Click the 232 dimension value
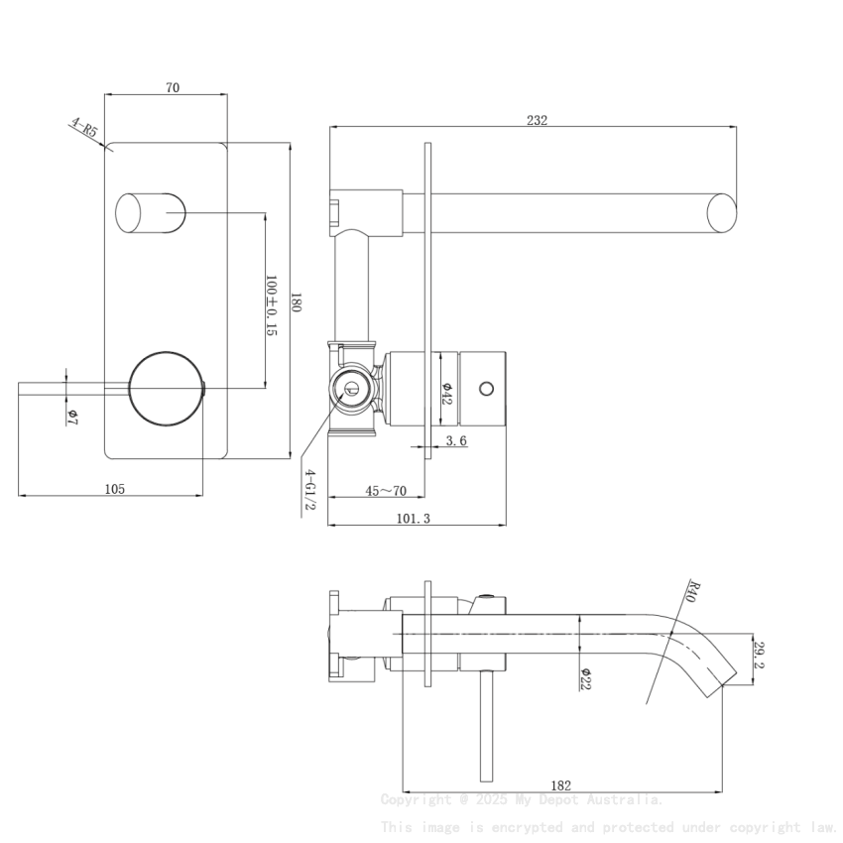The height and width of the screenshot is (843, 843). click(537, 120)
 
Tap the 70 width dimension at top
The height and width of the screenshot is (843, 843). click(173, 88)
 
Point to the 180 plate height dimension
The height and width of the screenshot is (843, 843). click(296, 301)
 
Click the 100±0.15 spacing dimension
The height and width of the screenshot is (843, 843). click(271, 305)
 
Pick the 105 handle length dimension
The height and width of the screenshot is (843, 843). click(114, 488)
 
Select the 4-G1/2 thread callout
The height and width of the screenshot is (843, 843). click(309, 490)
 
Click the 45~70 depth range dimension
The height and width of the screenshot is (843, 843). click(386, 491)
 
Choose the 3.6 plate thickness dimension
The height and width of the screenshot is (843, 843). click(456, 441)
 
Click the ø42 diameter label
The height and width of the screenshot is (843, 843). click(447, 392)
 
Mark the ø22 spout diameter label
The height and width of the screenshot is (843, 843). click(586, 677)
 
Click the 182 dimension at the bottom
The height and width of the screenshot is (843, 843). click(560, 785)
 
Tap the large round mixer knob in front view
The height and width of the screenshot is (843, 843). click(167, 389)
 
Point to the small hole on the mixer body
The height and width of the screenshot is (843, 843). click(486, 387)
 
